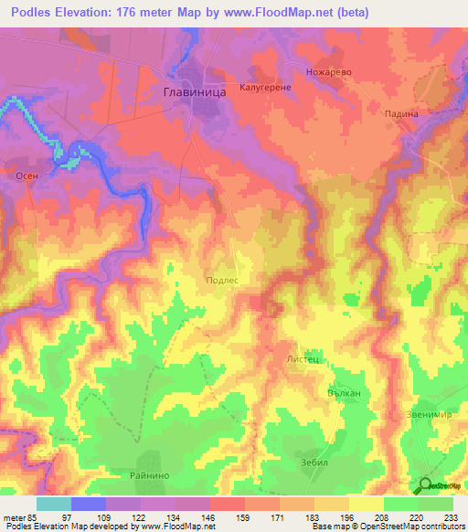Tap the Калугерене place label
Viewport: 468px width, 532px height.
point(266,89)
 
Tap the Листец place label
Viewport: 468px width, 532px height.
point(303,360)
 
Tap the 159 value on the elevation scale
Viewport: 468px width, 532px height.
point(244,516)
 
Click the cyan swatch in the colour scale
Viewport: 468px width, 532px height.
point(53,504)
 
